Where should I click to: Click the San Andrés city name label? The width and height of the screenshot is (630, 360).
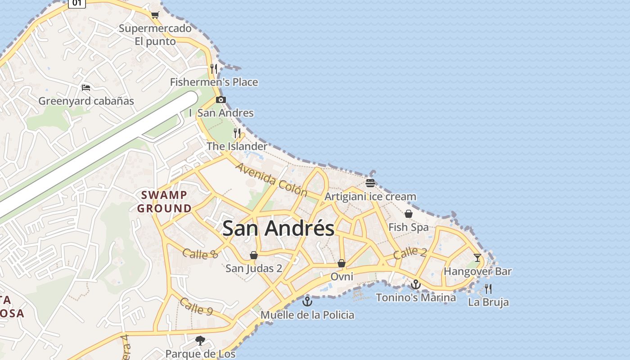[278, 228]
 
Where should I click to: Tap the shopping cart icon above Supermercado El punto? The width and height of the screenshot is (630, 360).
[155, 15]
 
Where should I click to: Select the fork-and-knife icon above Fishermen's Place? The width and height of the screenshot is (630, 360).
[214, 68]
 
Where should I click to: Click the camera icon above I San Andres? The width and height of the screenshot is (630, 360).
[220, 99]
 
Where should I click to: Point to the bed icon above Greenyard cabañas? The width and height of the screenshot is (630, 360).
[86, 87]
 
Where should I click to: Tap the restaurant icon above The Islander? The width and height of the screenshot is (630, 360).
[237, 133]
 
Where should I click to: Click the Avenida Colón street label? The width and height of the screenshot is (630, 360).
[271, 180]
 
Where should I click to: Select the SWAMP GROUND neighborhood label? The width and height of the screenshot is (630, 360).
[164, 202]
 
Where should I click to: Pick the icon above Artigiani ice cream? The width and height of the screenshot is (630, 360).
[370, 183]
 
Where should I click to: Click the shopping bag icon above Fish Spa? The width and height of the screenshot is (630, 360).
[409, 214]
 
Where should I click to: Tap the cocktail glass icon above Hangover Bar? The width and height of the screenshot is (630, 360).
[477, 258]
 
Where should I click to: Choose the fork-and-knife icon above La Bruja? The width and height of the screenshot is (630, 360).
[488, 288]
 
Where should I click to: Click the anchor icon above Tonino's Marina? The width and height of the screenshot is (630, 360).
[415, 284]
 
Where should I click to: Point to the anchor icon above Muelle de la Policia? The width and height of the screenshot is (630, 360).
[307, 301]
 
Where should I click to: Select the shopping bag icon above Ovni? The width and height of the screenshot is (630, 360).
[342, 263]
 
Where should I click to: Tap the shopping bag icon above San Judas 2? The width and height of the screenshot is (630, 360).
[254, 255]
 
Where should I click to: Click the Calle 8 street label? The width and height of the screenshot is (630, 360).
[200, 254]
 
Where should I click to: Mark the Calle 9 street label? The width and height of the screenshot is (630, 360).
[196, 306]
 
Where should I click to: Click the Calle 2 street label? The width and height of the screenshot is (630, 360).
[409, 253]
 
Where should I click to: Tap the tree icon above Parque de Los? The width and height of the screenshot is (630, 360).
[200, 341]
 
